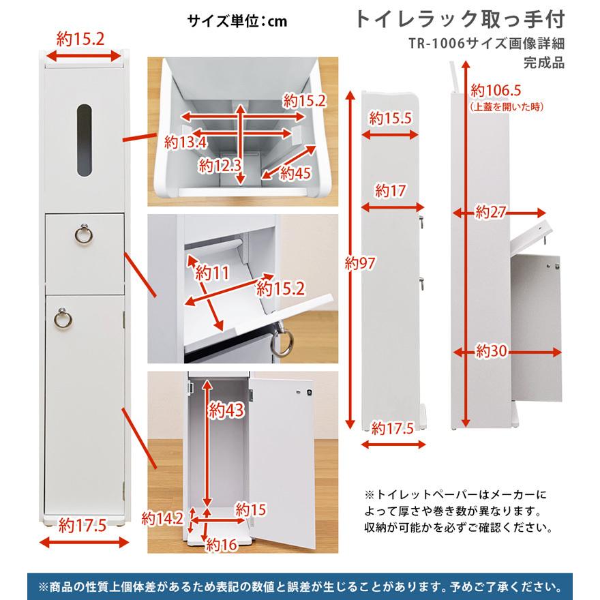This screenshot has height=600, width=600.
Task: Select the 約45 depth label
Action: pyautogui.click(x=294, y=172)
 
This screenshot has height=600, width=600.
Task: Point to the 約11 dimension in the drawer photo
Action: pyautogui.click(x=211, y=273)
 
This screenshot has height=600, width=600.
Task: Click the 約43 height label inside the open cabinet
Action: pyautogui.click(x=226, y=410)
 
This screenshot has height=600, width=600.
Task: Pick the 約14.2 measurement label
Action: pyautogui.click(x=163, y=518)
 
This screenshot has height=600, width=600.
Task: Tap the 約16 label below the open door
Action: pyautogui.click(x=222, y=545)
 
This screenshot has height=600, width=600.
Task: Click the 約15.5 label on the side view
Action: pyautogui.click(x=391, y=118)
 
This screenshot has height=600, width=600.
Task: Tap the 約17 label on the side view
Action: pyautogui.click(x=391, y=190)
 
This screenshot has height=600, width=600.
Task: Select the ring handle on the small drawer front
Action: pyautogui.click(x=83, y=235)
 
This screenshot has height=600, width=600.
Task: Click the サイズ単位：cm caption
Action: pyautogui.click(x=237, y=20)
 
